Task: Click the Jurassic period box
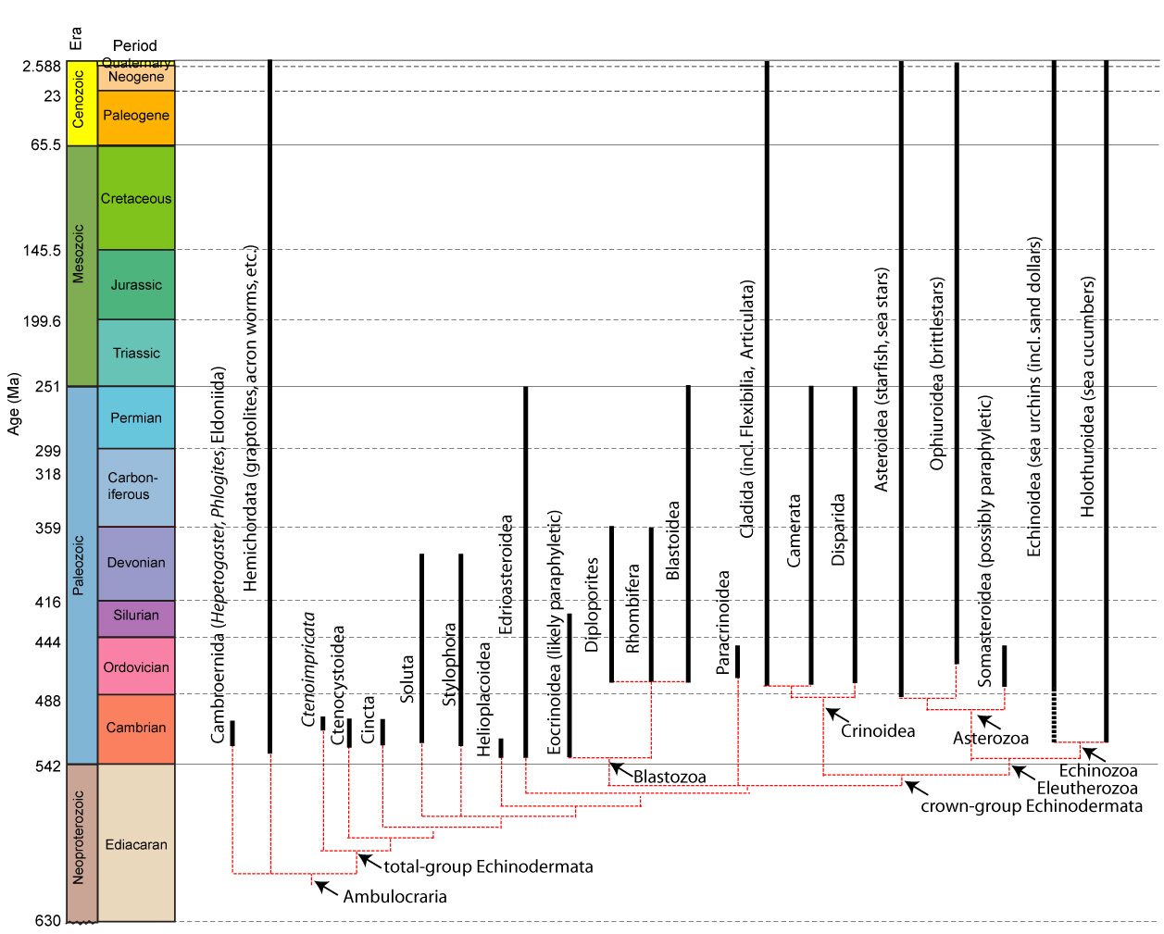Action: click(136, 285)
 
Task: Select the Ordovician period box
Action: click(136, 667)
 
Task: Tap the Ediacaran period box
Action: click(136, 844)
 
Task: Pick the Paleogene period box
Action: click(136, 117)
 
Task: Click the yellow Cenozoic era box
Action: click(81, 105)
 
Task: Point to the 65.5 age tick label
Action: click(44, 145)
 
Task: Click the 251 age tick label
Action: click(47, 387)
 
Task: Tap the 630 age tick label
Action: click(47, 921)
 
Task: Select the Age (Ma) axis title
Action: click(14, 404)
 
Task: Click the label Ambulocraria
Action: click(394, 897)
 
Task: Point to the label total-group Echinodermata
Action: click(488, 867)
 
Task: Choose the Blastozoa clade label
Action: click(670, 778)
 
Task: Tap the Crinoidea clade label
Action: click(878, 731)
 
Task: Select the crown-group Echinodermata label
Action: click(1031, 806)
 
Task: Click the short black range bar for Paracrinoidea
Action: click(738, 662)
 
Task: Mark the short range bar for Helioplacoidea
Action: click(501, 748)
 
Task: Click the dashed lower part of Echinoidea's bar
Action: click(1054, 716)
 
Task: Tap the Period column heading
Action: click(135, 45)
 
